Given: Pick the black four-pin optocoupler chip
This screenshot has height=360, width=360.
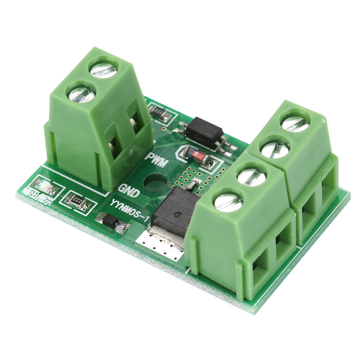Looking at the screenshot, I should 204,132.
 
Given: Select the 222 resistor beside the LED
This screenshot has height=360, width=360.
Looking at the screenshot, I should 78,201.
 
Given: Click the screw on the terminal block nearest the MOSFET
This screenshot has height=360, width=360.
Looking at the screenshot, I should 228,202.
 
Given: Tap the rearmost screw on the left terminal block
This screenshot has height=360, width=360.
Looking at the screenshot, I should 104,68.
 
